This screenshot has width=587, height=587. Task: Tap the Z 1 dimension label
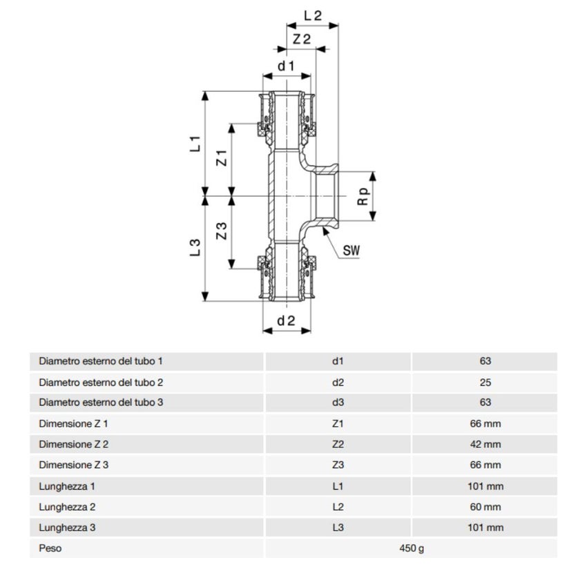click(222, 157)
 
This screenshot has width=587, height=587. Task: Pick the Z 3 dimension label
click(222, 231)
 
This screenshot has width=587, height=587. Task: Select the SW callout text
click(352, 250)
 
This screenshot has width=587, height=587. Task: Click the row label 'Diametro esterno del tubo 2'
click(101, 382)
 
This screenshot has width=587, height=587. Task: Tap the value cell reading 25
click(484, 382)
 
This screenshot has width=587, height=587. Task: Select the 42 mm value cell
click(484, 444)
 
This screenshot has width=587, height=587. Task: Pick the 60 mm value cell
click(484, 507)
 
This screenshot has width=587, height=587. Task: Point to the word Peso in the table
click(50, 549)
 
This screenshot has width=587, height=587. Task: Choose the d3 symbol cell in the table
click(338, 403)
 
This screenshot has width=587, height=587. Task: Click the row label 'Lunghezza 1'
click(67, 486)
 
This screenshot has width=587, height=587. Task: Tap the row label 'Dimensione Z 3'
click(74, 465)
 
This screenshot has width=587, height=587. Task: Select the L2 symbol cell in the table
click(338, 507)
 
